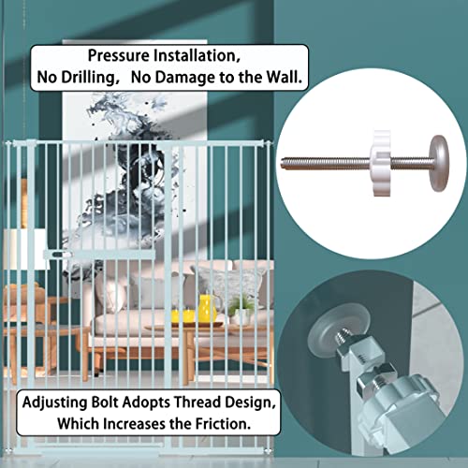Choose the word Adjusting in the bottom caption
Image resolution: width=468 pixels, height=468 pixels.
click(x=55, y=402)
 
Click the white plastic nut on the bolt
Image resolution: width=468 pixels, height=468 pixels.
click(x=381, y=163)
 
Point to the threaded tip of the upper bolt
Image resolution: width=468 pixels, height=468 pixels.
click(x=285, y=164)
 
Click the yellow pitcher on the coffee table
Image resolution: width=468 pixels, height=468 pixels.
click(x=207, y=309)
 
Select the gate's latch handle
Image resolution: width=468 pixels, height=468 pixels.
click(x=57, y=255)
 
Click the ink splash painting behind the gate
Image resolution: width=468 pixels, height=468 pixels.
click(x=135, y=175)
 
